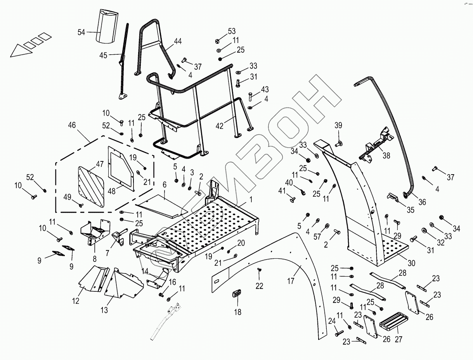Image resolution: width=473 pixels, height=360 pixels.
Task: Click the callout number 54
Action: (x=81, y=33)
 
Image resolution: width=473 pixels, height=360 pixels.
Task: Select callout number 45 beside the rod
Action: (x=103, y=55)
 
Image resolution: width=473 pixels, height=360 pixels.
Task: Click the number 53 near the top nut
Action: (x=232, y=31)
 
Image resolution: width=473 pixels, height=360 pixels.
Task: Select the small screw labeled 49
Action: (x=81, y=204)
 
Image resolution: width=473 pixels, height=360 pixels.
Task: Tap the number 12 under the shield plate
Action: (x=76, y=301)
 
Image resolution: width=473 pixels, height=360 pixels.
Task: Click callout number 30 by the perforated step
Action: (x=411, y=263)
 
